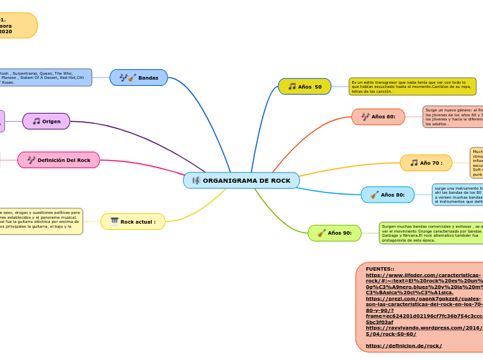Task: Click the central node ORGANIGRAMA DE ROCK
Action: [x=241, y=181]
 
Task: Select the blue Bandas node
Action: [x=139, y=78]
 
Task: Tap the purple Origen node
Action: [x=46, y=121]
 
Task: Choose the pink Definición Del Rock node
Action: [x=59, y=160]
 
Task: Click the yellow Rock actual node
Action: [x=133, y=222]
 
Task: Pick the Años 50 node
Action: [x=304, y=87]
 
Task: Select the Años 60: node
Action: [x=378, y=116]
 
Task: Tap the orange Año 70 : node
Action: [x=425, y=163]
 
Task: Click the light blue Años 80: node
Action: [x=387, y=195]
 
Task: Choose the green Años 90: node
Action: [x=335, y=233]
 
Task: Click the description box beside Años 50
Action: [x=412, y=87]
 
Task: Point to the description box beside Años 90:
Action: [x=430, y=233]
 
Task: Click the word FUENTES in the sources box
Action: [x=379, y=269]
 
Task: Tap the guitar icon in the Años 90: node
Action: [x=321, y=233]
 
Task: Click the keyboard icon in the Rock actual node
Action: [x=114, y=222]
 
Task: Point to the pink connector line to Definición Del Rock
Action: [x=146, y=166]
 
